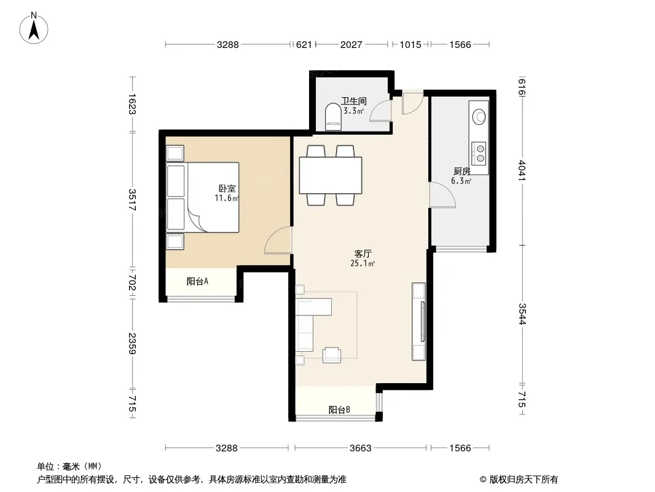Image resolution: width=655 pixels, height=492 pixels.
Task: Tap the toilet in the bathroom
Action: pyautogui.click(x=333, y=117)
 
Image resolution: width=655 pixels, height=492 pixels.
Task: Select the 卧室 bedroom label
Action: pyautogui.click(x=227, y=189)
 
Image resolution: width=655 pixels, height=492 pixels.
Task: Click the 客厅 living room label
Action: pyautogui.click(x=363, y=254)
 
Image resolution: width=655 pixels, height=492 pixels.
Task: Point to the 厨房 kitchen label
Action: pyautogui.click(x=462, y=172)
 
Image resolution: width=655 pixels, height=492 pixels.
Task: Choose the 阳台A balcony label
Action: pyautogui.click(x=197, y=281)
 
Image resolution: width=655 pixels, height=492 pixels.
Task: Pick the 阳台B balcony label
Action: pyautogui.click(x=339, y=410)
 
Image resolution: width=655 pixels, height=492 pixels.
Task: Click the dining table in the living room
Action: pyautogui.click(x=331, y=175)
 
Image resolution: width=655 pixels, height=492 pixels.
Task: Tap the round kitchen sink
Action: pyautogui.click(x=479, y=117)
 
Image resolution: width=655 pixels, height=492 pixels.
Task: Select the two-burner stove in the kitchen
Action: pyautogui.click(x=479, y=153)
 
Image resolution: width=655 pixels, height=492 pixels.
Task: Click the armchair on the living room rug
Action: pyautogui.click(x=332, y=355)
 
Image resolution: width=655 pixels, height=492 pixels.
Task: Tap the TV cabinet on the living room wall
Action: pyautogui.click(x=418, y=322)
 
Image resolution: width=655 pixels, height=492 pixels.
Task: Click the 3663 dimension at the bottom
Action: pyautogui.click(x=361, y=448)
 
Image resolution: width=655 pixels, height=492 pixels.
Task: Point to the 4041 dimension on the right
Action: pyautogui.click(x=522, y=170)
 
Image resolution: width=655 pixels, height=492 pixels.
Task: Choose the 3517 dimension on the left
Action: pyautogui.click(x=133, y=200)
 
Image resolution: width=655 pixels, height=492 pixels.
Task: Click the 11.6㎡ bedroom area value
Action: pyautogui.click(x=227, y=198)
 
